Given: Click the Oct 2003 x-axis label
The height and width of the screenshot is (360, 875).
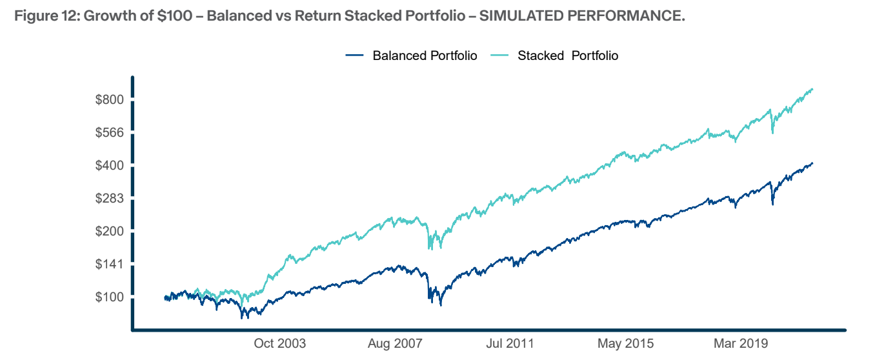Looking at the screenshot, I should point(280,343).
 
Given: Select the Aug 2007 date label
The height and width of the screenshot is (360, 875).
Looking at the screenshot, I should point(395,343).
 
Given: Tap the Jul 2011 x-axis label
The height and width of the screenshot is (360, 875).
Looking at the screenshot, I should point(510,343).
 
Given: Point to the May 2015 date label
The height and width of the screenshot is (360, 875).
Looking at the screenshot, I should point(625,343).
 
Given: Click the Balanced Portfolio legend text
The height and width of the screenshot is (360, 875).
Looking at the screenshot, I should point(425,55).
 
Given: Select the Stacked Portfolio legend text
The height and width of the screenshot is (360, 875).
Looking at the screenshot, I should point(568,55).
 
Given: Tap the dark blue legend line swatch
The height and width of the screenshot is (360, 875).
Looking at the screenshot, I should point(356,55).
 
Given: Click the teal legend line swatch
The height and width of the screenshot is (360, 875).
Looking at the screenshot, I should point(501,55).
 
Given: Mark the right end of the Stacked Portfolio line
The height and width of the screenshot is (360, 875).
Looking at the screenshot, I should point(812,89).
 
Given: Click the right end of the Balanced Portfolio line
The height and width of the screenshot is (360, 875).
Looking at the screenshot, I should point(812,163).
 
